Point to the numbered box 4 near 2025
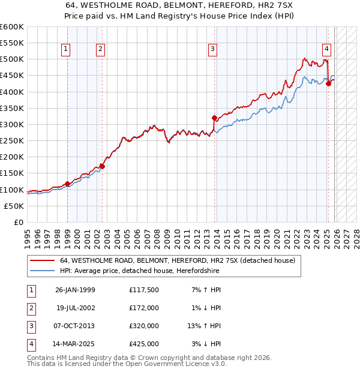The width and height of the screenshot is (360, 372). click(326, 49)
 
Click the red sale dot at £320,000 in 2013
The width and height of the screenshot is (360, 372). click(214, 118)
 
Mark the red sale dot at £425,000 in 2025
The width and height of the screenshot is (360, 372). click(328, 83)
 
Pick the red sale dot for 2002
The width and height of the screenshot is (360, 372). click(102, 166)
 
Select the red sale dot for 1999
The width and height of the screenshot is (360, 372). click(67, 184)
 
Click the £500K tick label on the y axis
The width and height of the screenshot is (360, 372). click(12, 59)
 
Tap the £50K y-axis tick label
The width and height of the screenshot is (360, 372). click(14, 206)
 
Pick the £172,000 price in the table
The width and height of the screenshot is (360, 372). click(144, 308)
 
